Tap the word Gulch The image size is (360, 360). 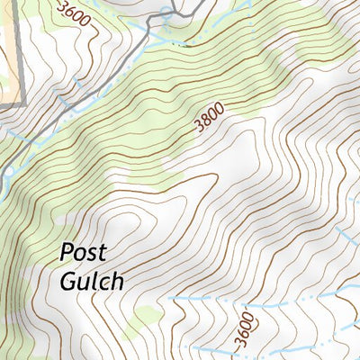[x=91, y=280]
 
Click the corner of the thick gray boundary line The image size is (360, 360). [x=21, y=105]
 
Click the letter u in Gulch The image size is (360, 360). [x=85, y=282]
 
